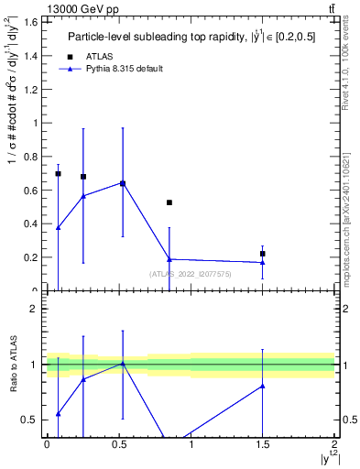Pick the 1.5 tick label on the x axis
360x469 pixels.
[263, 444]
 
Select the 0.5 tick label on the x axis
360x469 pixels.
[118, 444]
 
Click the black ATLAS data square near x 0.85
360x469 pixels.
[169, 202]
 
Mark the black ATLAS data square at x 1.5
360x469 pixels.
[263, 254]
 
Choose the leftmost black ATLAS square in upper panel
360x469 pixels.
[58, 173]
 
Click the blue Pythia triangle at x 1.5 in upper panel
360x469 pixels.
[263, 263]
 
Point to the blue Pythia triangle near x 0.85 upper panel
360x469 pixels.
[169, 259]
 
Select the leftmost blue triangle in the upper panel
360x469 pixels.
[58, 227]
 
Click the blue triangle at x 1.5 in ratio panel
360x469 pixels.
[263, 386]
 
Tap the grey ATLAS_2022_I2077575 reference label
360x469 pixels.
[191, 274]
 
